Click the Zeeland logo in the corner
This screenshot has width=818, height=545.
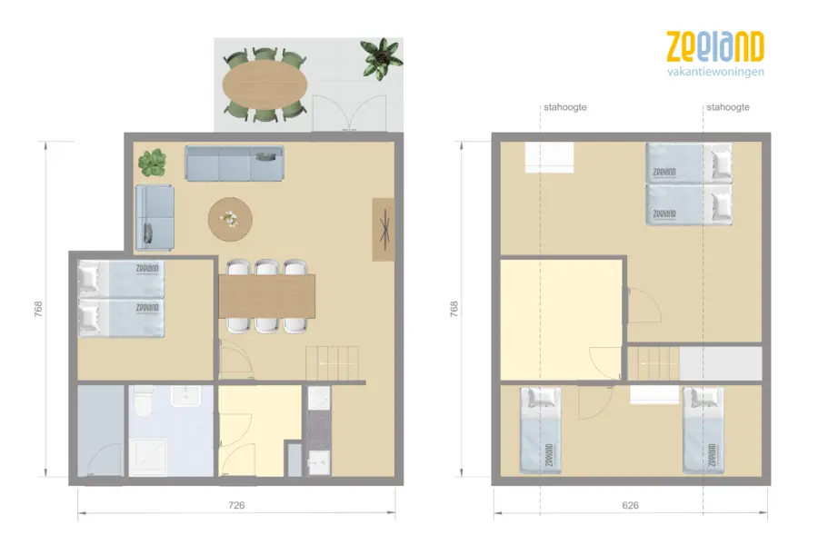pos(715,54)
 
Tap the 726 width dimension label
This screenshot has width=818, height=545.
pos(236,505)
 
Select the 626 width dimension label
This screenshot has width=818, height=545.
pos(630,505)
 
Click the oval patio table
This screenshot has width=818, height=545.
pos(264,84)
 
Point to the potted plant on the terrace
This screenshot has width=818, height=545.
pos(382,58)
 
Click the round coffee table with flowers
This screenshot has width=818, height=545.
pos(230,219)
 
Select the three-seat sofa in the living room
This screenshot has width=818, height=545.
pos(234,163)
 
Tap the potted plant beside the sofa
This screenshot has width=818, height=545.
pos(153,163)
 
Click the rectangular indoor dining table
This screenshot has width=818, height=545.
pos(266,296)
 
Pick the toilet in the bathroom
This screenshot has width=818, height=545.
pos(141,401)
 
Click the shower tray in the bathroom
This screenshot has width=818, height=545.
pos(148,458)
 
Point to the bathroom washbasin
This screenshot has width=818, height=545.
pos(185,396)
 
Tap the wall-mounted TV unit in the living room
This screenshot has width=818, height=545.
pos(384,230)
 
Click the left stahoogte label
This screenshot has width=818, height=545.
pos(565,107)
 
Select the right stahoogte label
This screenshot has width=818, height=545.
pos(728,107)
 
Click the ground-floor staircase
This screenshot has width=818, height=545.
pos(333,363)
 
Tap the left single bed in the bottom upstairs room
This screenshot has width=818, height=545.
pos(541,431)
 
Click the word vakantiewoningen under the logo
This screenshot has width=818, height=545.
pos(715,72)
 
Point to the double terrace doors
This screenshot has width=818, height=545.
pos(349,114)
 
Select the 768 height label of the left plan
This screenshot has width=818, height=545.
pos(38,309)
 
